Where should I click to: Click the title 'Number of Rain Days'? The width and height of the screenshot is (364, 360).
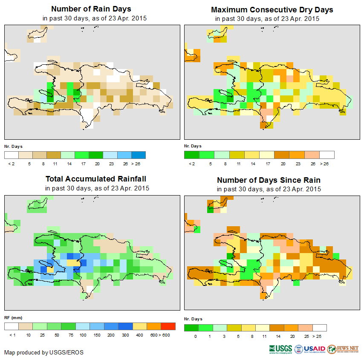tap(91, 9)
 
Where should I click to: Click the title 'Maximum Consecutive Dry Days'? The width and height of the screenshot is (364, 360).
tap(272, 9)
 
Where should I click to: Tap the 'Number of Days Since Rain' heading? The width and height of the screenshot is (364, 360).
tap(269, 180)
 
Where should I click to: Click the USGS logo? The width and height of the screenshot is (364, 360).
tap(280, 349)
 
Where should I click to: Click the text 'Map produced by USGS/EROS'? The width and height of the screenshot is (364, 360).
tap(44, 352)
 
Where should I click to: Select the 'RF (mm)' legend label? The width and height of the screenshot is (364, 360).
tap(13, 317)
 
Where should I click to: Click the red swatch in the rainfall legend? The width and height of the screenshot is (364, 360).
tap(168, 326)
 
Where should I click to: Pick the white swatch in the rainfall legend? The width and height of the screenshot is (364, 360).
tap(12, 326)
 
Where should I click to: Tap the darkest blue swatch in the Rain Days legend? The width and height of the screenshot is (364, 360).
tap(139, 154)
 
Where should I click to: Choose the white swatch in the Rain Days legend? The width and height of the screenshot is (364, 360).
tap(12, 154)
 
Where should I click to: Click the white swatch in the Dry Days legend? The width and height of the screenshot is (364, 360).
tap(327, 155)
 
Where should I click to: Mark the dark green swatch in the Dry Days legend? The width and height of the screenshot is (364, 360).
tap(191, 155)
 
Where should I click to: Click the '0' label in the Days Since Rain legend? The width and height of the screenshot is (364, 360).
tap(195, 337)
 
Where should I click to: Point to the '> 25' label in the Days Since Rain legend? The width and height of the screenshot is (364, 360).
tap(317, 337)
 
